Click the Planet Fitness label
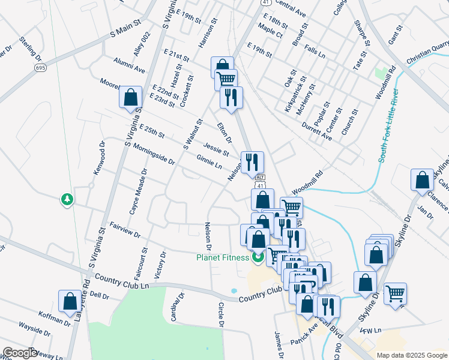222,258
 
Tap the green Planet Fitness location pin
258,259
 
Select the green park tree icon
67,199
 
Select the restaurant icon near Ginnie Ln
252,162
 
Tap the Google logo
20,353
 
